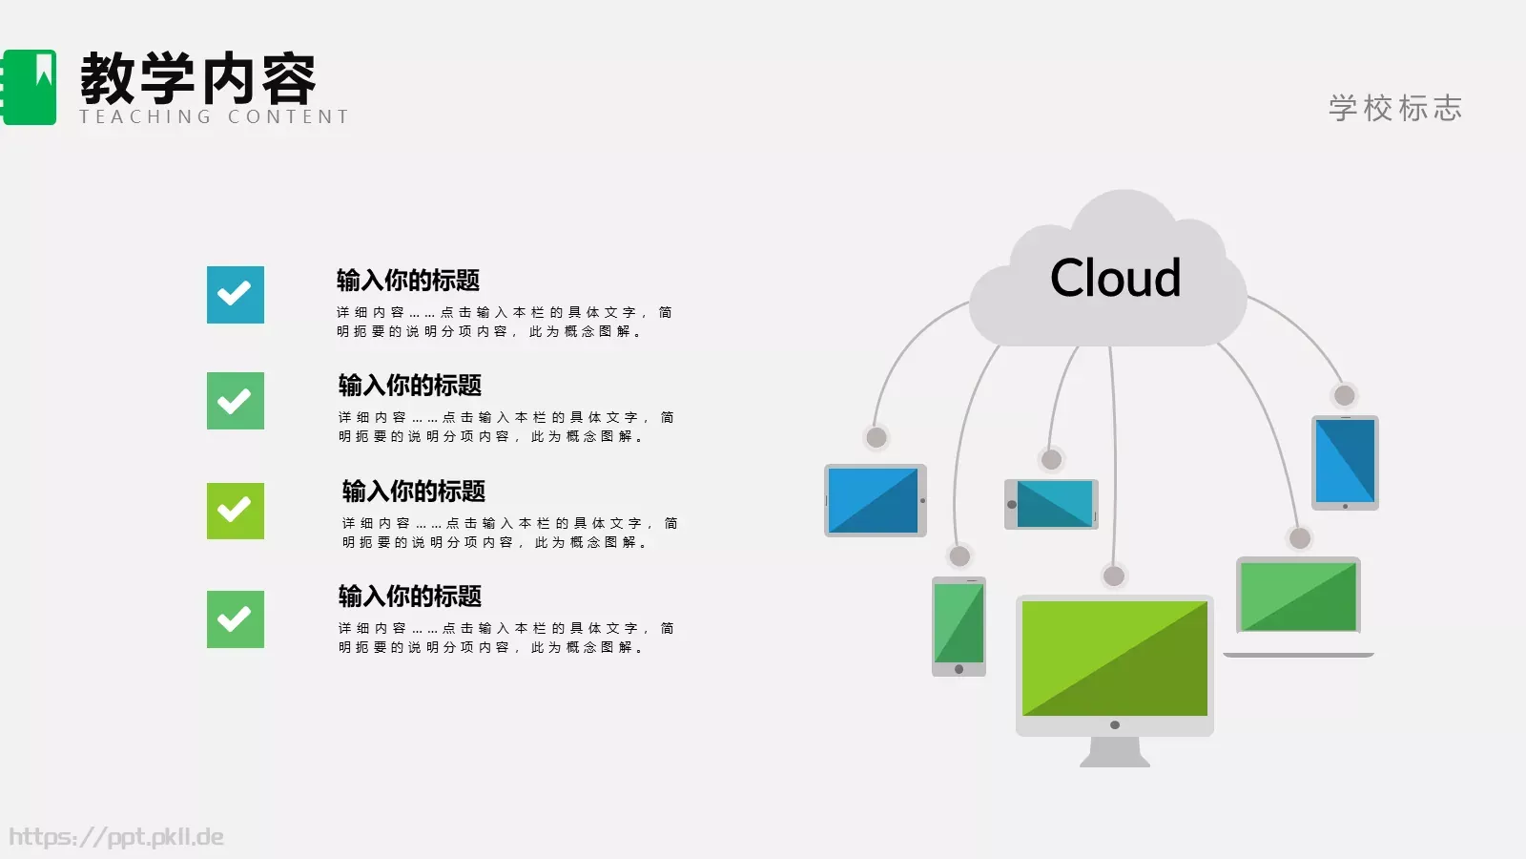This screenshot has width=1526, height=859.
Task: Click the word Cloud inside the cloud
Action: [1115, 279]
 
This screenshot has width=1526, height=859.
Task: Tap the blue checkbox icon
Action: [236, 295]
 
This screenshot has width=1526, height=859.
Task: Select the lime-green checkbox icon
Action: [236, 511]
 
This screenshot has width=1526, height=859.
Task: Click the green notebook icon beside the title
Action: [30, 87]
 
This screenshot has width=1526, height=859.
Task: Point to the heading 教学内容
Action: [198, 79]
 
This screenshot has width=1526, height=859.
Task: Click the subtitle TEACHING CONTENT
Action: [215, 117]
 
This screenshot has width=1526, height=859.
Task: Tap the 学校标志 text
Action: [1395, 108]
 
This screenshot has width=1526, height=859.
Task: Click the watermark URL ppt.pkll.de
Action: [116, 837]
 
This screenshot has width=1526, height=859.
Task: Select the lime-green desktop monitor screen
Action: [1114, 659]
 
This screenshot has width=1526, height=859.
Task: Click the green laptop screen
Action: [1298, 597]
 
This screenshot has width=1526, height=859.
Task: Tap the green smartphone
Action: [959, 626]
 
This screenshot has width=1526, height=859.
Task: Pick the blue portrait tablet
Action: [1345, 462]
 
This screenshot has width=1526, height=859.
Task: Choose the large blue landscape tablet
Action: [874, 500]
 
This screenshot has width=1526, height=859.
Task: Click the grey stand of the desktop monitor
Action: [1114, 752]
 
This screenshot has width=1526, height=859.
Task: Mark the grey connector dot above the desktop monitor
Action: [1113, 576]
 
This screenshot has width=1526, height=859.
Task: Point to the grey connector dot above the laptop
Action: [1299, 538]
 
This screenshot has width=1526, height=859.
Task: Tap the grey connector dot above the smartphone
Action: [959, 556]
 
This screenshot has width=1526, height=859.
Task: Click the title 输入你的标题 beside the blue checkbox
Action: [408, 281]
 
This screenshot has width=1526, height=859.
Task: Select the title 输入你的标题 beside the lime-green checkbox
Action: [414, 492]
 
